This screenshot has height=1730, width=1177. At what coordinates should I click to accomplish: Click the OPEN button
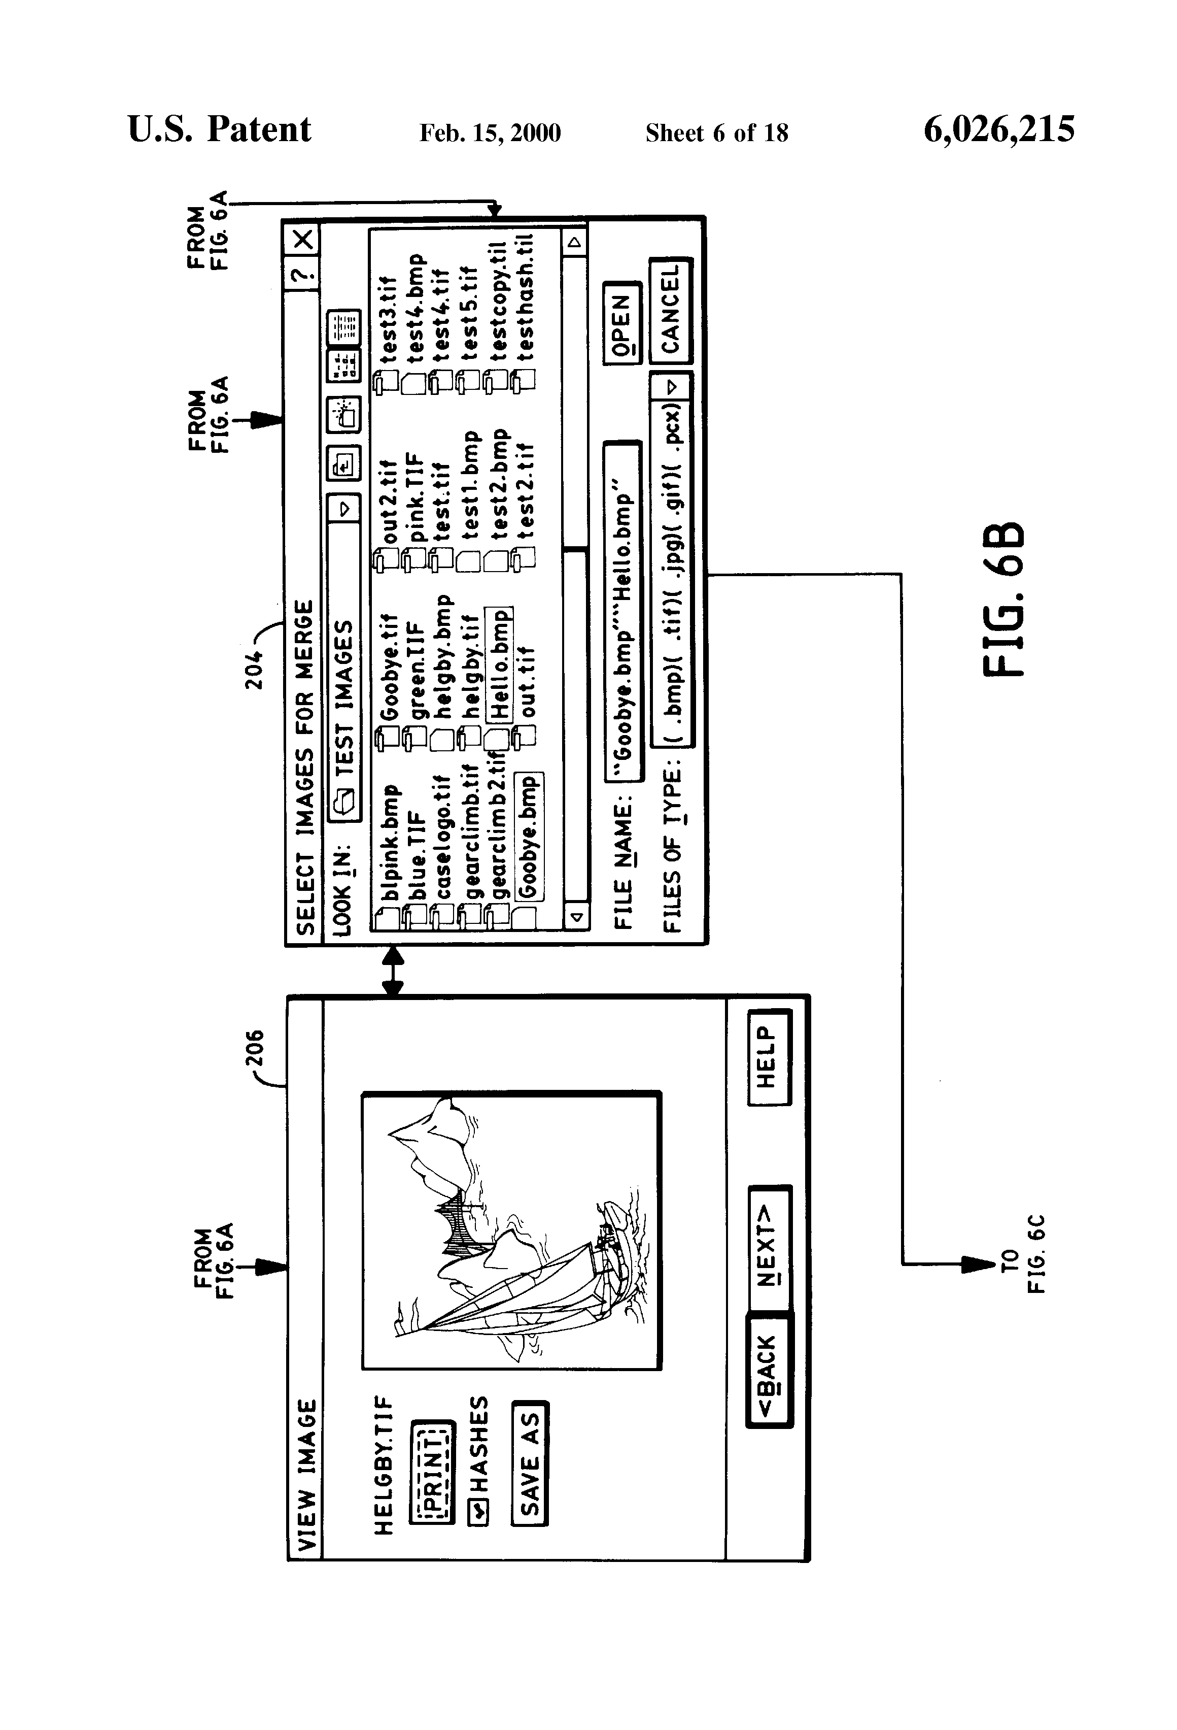click(622, 322)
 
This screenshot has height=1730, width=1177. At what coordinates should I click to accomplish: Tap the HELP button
click(769, 1057)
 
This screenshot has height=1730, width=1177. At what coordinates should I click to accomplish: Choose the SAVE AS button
click(529, 1463)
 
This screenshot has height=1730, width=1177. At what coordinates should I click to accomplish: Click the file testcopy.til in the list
click(499, 301)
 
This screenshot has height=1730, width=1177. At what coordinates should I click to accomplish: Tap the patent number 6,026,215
click(998, 129)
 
